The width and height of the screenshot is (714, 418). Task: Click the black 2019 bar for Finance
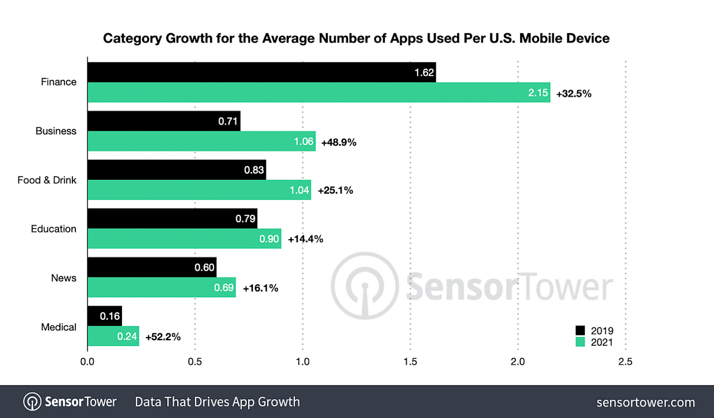click(261, 72)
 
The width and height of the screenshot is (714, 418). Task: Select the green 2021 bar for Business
click(201, 141)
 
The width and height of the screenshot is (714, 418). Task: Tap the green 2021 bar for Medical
click(113, 336)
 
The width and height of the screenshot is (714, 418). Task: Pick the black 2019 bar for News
click(152, 267)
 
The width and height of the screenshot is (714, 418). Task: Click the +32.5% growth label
click(574, 94)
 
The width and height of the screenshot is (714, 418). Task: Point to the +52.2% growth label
click(163, 337)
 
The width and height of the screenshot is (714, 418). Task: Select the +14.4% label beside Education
click(305, 239)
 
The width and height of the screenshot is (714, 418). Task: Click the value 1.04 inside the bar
click(299, 190)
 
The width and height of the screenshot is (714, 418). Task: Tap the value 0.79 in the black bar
click(245, 219)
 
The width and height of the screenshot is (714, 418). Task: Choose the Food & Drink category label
click(47, 180)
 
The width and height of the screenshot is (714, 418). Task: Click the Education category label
click(54, 229)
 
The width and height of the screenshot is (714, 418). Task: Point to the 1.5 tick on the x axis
click(410, 362)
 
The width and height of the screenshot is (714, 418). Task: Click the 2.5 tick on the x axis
click(625, 362)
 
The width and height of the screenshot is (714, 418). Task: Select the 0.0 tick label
click(87, 362)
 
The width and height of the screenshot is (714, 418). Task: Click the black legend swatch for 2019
click(580, 330)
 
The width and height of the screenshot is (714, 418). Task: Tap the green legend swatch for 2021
click(580, 342)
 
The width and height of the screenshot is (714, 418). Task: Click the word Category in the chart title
click(132, 39)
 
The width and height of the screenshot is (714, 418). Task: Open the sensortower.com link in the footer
click(646, 402)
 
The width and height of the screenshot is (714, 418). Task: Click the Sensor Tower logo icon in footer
click(32, 402)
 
